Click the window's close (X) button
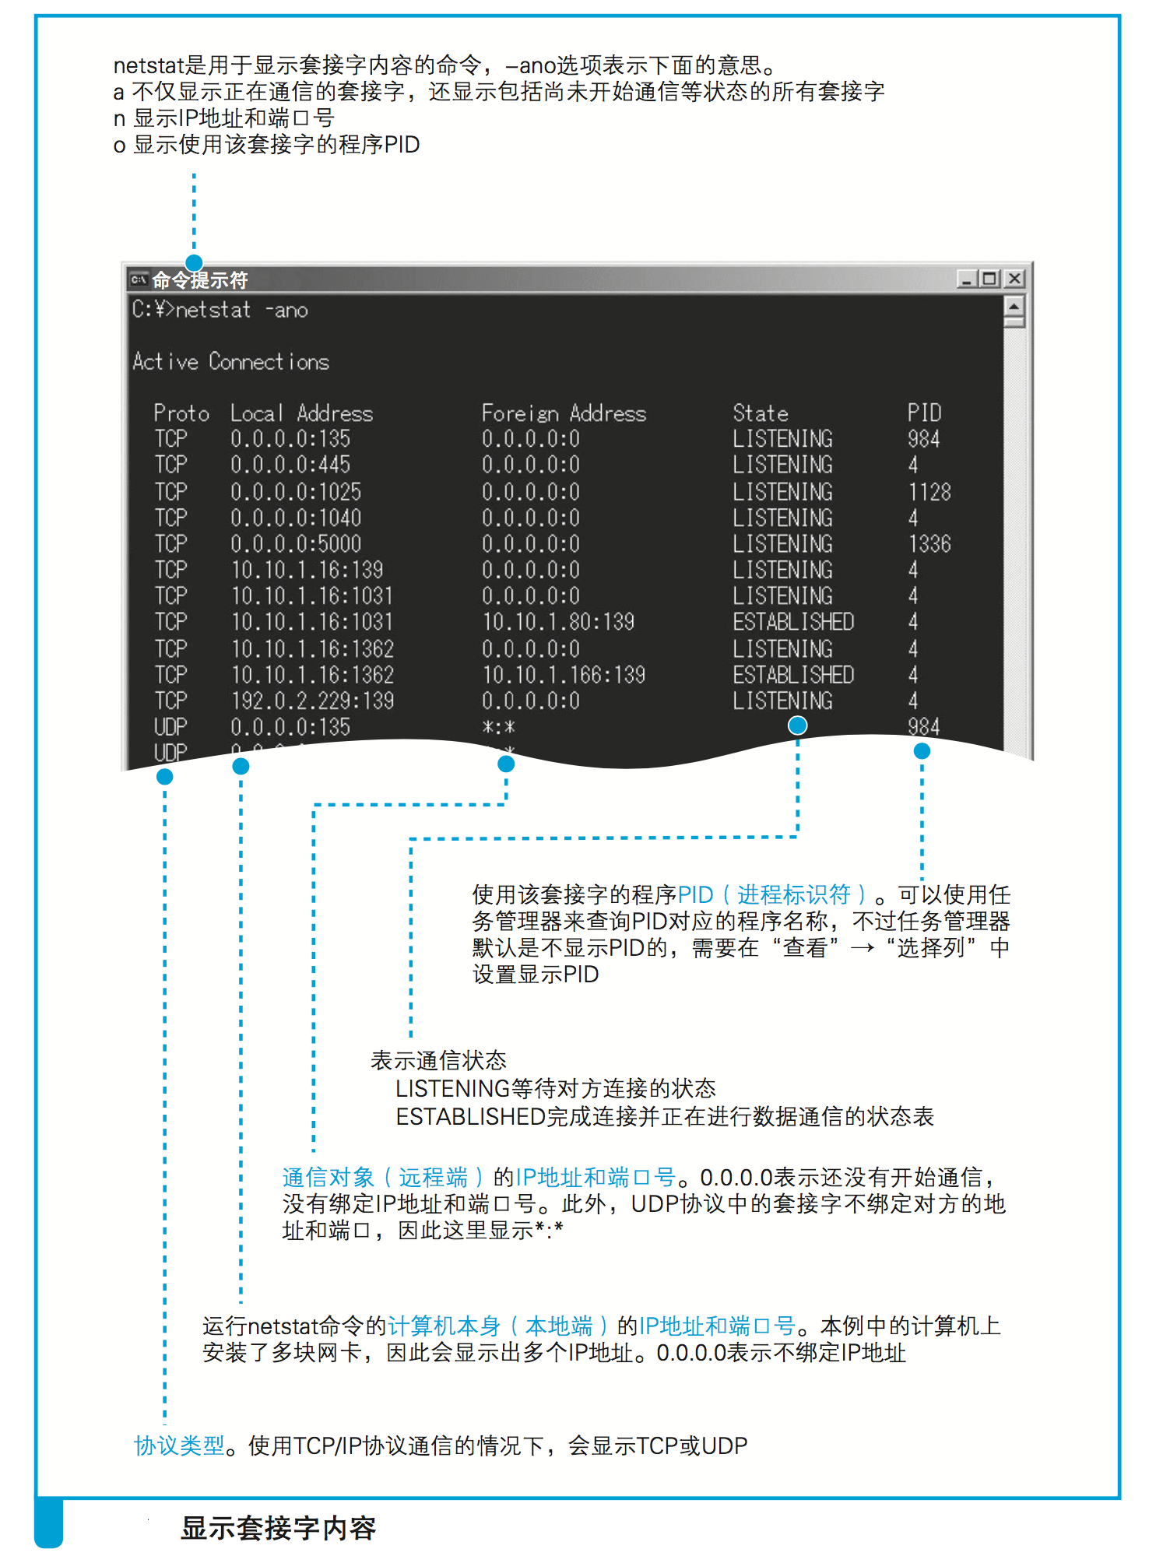click(1014, 279)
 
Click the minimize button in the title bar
click(967, 279)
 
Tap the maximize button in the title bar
click(990, 279)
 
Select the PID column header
click(924, 413)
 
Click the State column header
click(760, 413)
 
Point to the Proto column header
click(181, 413)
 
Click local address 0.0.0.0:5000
click(296, 543)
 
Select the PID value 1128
click(929, 492)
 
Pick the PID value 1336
click(929, 543)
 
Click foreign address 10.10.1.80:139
click(558, 622)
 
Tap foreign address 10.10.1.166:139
click(564, 675)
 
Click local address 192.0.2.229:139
click(312, 701)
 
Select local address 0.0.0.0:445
click(290, 465)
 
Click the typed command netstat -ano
click(241, 310)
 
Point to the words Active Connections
click(230, 362)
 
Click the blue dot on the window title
click(194, 263)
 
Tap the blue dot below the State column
click(797, 725)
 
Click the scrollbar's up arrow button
click(1014, 305)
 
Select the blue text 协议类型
click(179, 1445)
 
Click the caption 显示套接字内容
click(278, 1528)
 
